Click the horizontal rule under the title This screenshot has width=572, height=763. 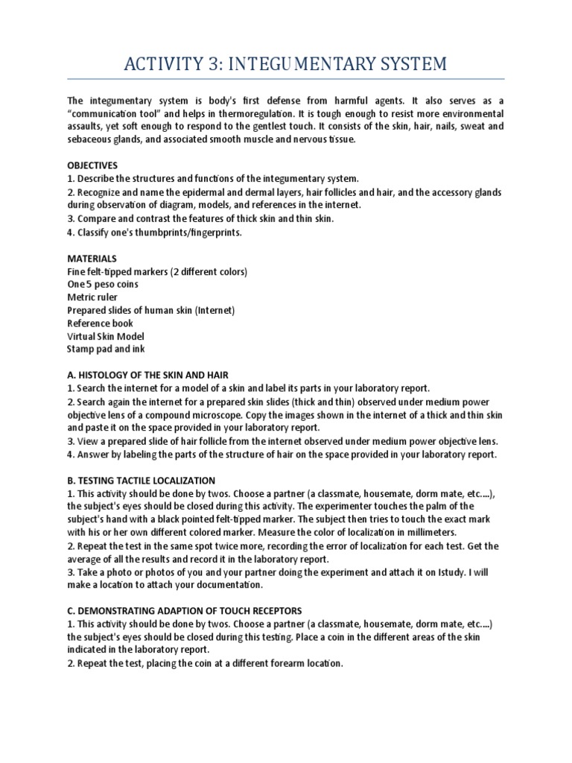pyautogui.click(x=285, y=79)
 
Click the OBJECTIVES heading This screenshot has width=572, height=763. pyautogui.click(x=92, y=165)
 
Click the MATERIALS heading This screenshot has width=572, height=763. pyautogui.click(x=92, y=258)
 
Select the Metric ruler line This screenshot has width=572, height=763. pyautogui.click(x=92, y=297)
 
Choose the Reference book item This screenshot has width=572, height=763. pyautogui.click(x=101, y=323)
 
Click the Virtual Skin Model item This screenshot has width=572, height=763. pyautogui.click(x=105, y=335)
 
